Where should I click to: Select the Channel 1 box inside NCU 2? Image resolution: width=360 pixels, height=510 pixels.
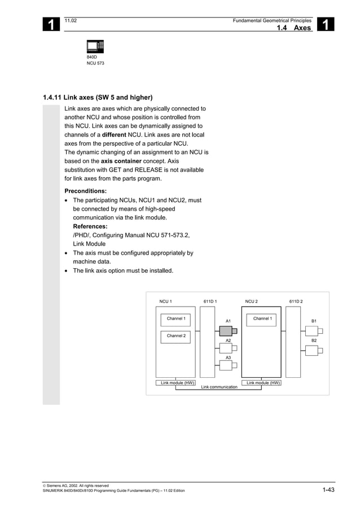(262, 319)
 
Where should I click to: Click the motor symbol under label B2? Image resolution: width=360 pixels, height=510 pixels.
(312, 351)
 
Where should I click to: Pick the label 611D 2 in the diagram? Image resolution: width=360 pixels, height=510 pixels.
(296, 302)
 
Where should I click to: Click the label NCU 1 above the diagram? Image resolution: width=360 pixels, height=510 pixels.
(166, 302)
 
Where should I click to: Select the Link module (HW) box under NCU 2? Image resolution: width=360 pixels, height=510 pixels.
(264, 383)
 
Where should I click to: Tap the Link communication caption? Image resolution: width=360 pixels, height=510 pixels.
(219, 387)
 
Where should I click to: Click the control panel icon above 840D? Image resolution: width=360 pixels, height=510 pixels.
(95, 46)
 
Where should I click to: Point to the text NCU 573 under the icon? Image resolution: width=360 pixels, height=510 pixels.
(95, 63)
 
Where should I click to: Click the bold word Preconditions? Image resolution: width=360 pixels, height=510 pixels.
(86, 191)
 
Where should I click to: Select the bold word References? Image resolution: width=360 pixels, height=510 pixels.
(90, 226)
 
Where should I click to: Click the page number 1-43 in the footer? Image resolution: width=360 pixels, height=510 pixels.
(328, 490)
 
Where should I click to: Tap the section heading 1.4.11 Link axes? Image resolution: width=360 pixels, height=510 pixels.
(98, 97)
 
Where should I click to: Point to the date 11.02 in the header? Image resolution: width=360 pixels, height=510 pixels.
(71, 20)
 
